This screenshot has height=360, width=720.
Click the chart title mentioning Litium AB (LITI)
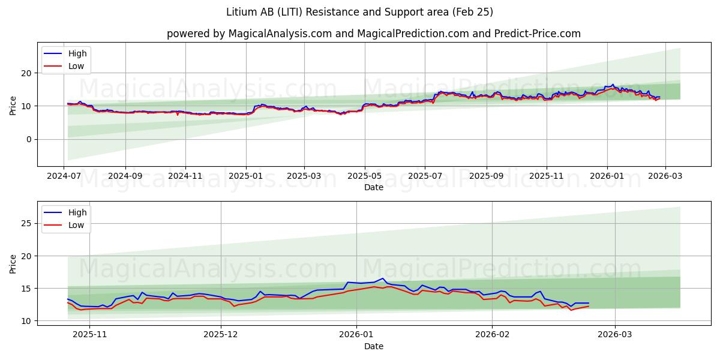tap(359, 12)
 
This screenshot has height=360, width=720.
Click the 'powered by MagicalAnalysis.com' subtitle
tap(373, 34)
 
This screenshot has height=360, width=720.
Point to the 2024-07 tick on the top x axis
tap(64, 176)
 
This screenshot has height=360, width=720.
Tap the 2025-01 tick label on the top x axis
tap(245, 176)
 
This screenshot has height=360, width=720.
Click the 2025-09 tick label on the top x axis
tap(486, 176)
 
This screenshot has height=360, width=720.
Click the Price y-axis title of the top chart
tap(13, 105)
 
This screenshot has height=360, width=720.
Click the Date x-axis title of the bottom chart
tap(373, 346)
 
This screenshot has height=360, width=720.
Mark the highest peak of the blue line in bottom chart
tap(383, 278)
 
